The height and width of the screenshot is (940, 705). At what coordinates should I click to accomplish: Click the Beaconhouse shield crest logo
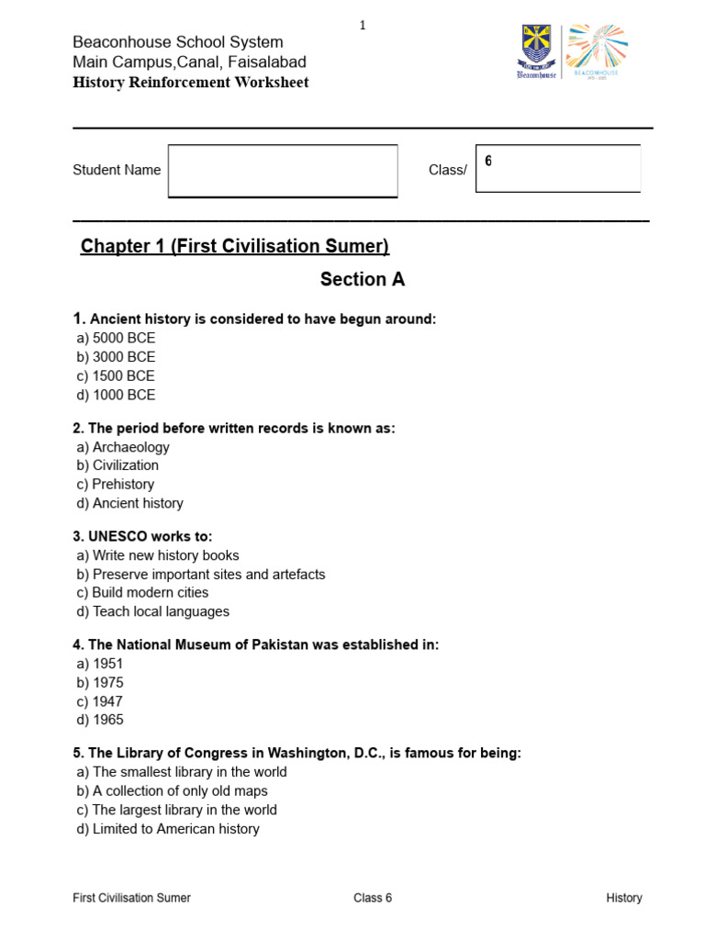pos(536,50)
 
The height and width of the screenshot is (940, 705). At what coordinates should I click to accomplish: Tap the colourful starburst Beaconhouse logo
pos(597,50)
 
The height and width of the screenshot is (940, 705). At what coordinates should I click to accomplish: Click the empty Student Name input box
pos(283,171)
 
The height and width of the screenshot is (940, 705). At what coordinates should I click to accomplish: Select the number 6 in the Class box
pos(488,162)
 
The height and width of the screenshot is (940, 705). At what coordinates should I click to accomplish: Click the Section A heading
pos(362,280)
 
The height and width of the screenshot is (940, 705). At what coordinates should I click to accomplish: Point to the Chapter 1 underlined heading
pos(235,246)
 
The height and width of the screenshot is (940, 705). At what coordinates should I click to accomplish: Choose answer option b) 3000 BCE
pos(117,357)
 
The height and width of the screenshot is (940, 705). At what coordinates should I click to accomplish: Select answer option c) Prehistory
pos(116,484)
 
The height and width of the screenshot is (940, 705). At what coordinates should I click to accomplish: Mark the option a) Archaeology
pos(123,447)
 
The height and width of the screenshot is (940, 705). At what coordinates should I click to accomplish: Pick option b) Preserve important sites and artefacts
pos(201,574)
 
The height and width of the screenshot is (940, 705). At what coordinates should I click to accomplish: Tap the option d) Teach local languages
pos(153,611)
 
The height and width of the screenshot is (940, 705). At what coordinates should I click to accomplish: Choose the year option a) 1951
pos(100,664)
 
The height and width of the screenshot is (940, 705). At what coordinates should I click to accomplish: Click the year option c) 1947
pos(100,701)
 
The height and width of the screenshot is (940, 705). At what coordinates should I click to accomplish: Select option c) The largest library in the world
pos(177,810)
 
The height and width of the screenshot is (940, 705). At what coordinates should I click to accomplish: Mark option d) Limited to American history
pos(168,829)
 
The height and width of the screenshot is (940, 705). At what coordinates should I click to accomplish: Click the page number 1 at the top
pos(363,26)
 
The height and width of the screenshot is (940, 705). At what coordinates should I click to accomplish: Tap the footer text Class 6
pos(373,898)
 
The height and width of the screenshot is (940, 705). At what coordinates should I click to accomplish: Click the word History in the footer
pos(624,898)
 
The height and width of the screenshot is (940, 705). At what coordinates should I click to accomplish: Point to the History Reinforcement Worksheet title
pos(191,83)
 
